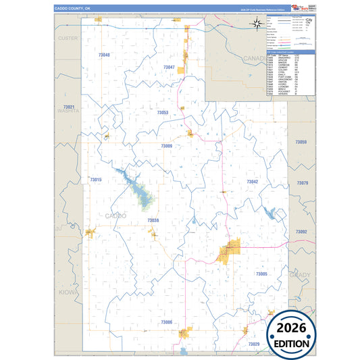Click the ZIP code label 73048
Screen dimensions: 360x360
click(x=103, y=55)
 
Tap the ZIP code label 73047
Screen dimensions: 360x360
click(x=169, y=68)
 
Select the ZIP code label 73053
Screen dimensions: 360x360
click(x=162, y=112)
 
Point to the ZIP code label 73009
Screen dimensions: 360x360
click(x=166, y=146)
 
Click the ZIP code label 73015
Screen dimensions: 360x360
click(x=95, y=180)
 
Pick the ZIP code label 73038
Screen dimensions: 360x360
click(x=153, y=220)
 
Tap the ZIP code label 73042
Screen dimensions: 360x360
click(x=252, y=182)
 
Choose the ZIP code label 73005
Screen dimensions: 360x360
click(x=262, y=274)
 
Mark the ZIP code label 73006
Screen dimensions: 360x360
click(x=166, y=322)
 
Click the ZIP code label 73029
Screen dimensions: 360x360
click(x=253, y=344)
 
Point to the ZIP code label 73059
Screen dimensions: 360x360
click(x=301, y=142)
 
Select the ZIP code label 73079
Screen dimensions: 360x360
click(x=302, y=183)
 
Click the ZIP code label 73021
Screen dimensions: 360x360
click(x=68, y=107)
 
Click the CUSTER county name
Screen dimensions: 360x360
click(x=68, y=38)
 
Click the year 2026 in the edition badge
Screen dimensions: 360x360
click(x=291, y=328)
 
